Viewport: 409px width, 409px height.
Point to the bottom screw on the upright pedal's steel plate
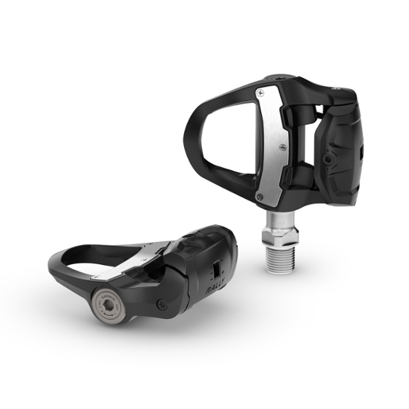coord(260,197)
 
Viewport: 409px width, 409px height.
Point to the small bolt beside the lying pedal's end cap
coord(162,305)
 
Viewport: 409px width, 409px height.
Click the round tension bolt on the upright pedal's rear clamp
coord(330,159)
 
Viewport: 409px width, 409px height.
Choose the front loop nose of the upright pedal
coord(192,130)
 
